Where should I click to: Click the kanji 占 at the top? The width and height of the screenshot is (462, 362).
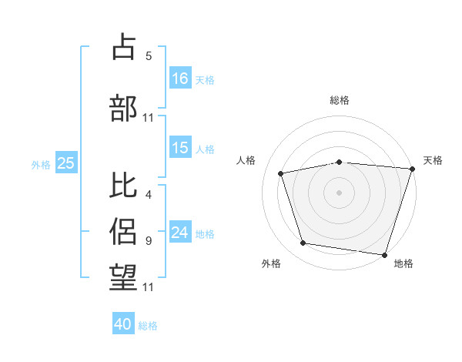pos(123,46)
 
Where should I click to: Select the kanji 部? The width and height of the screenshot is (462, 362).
pos(123,108)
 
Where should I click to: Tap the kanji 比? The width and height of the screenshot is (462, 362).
pos(123,185)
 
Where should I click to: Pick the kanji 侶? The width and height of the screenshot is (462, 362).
pos(123,231)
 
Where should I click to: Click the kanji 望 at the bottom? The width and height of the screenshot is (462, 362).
pos(123,277)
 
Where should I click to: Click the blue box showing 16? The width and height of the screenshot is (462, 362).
pos(180,78)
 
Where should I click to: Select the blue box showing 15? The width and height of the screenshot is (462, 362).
pos(180,147)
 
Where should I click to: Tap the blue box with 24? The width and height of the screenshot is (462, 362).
pos(180,231)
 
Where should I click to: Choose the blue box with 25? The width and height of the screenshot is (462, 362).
pos(66,163)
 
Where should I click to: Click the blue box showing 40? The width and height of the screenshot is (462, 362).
pos(123,323)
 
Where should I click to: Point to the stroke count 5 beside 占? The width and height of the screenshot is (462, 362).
pos(149,56)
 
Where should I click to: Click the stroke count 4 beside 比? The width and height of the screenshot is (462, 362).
pos(149,195)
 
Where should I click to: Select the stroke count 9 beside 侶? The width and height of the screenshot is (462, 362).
pos(149,241)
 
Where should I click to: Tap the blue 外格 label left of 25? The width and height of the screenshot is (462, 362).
pos(41,165)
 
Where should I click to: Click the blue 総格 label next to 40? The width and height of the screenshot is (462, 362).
pos(148,326)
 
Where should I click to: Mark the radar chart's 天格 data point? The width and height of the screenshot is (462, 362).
pos(413,169)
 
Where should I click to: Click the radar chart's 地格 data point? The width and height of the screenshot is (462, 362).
pos(384,255)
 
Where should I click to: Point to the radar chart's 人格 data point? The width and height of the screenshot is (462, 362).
pos(281,173)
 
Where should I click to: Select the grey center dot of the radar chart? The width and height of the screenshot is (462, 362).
pos(339,193)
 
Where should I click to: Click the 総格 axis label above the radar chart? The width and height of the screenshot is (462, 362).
pos(340,100)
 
